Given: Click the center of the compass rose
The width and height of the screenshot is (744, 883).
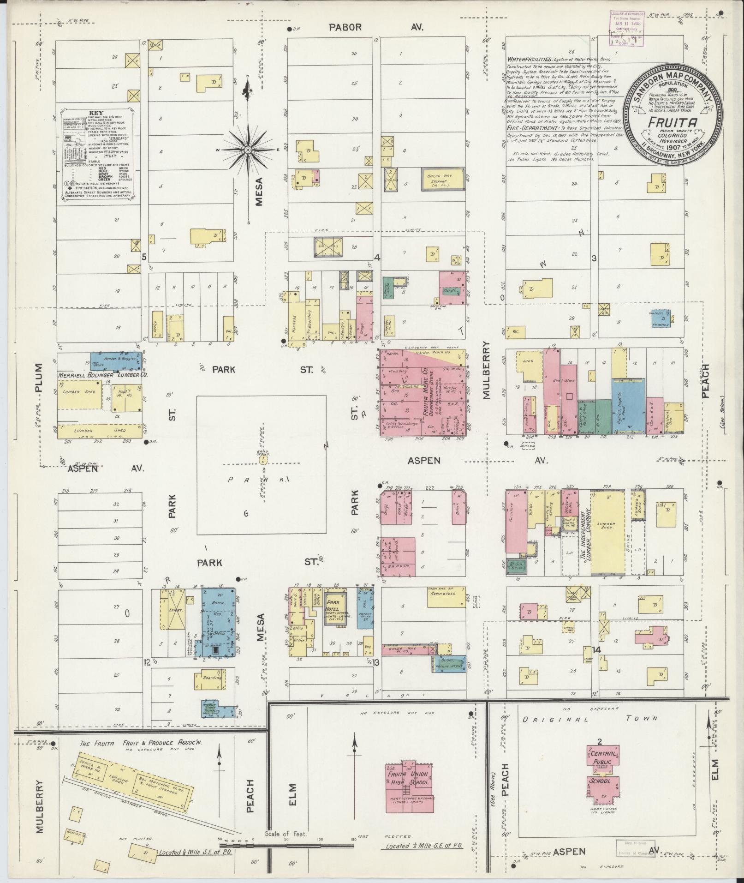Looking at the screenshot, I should point(248,150).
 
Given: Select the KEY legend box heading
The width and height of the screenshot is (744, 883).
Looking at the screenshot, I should point(96,113).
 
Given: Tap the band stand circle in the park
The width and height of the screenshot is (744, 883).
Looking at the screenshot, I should point(263,460).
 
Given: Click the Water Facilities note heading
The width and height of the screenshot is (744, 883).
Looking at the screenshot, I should point(529,60).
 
